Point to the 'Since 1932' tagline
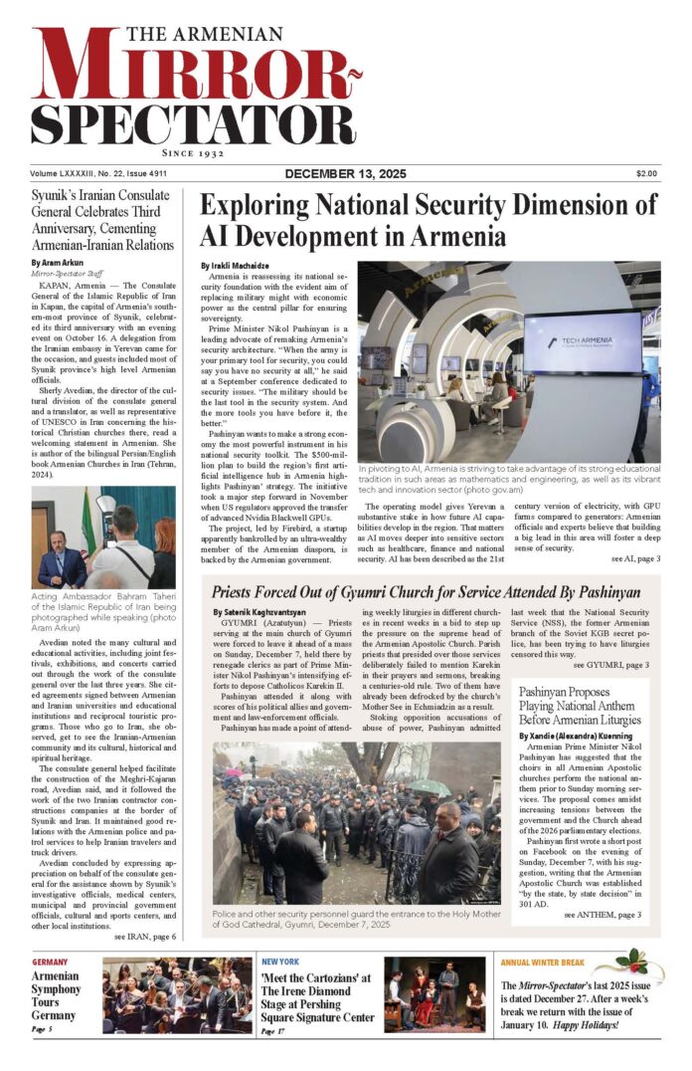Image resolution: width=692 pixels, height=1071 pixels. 195,155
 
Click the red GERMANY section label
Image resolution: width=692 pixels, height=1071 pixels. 50,963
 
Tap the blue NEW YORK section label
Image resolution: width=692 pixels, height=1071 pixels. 282,963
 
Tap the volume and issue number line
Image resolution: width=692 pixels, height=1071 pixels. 91,174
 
